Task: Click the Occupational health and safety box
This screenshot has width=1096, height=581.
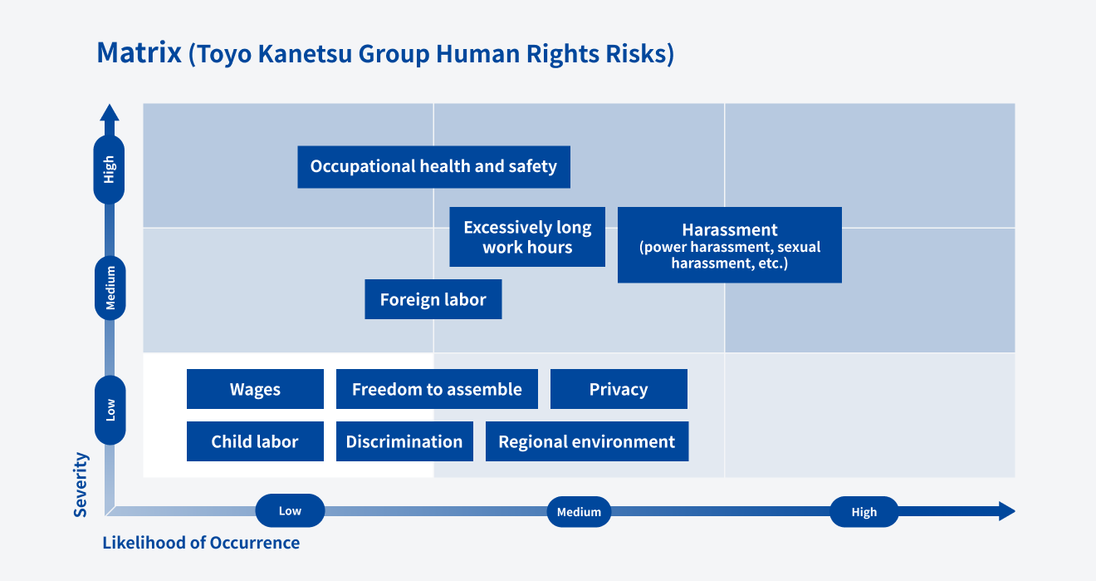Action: (x=434, y=166)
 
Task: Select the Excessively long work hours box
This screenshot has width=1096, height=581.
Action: (x=527, y=237)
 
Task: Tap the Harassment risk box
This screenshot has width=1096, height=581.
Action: (x=730, y=245)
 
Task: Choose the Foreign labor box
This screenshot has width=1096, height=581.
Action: (x=433, y=299)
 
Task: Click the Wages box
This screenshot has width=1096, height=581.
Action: (x=255, y=389)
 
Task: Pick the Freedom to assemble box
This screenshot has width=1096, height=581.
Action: (x=437, y=389)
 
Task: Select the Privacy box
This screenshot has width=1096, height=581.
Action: (x=619, y=389)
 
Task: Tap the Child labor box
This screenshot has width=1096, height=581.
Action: (x=255, y=441)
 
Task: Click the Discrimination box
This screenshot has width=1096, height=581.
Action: (x=404, y=441)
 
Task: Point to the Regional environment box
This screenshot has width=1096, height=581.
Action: (x=587, y=441)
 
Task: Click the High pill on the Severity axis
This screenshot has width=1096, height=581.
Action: (x=109, y=170)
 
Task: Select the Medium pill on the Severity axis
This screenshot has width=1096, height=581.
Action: (x=110, y=288)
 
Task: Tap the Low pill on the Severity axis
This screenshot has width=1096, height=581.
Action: (x=110, y=410)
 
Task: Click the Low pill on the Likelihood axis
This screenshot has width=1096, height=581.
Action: (x=290, y=510)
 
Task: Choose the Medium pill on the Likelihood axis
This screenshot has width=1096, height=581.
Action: (x=579, y=511)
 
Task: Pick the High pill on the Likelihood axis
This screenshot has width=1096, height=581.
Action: (x=864, y=511)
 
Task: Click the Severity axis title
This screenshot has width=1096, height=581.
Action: (x=81, y=485)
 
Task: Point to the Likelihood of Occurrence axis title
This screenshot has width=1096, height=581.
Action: (x=201, y=543)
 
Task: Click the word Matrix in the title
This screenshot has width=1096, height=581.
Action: (x=139, y=52)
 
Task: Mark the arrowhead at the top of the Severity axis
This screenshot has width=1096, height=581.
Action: (x=110, y=113)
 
